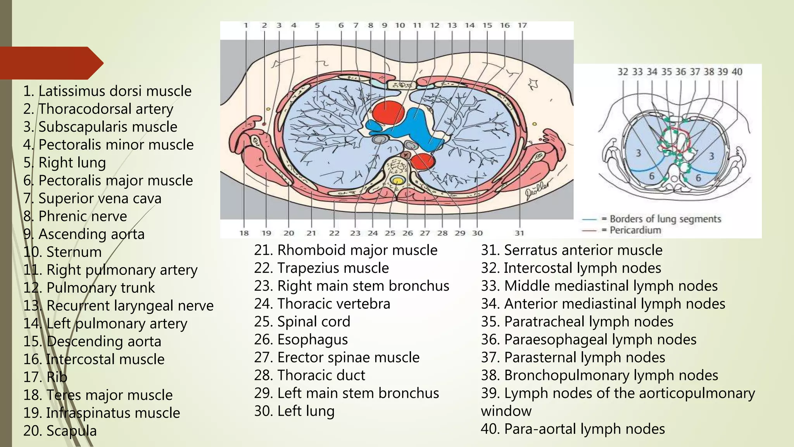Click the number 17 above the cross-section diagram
tap(522, 25)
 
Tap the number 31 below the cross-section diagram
tap(520, 233)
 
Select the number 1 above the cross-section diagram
tap(246, 25)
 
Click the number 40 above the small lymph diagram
tap(737, 72)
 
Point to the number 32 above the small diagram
tap(623, 72)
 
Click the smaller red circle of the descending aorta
tap(423, 161)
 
